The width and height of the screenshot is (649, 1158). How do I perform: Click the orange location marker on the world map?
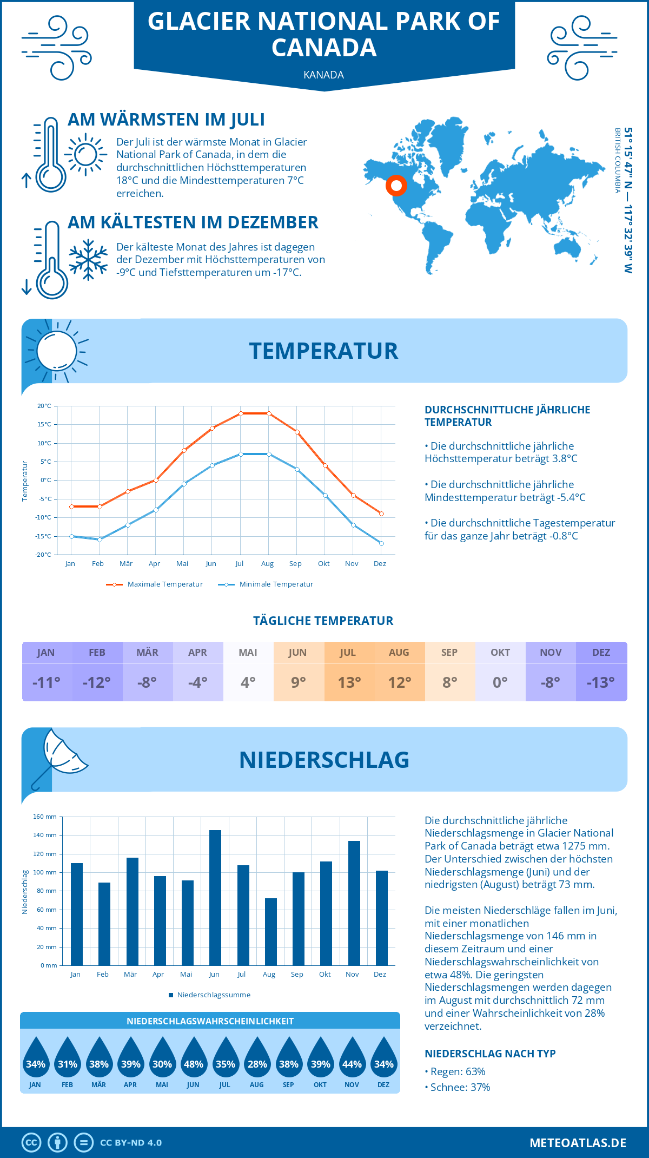click(x=396, y=186)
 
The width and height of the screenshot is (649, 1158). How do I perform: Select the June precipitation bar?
click(x=215, y=898)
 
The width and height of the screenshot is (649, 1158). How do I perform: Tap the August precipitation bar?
click(x=270, y=932)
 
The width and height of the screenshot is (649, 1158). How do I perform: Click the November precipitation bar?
click(x=354, y=904)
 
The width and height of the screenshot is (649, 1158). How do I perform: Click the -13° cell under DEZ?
click(x=601, y=682)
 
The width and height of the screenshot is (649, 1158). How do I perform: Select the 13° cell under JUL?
click(x=349, y=682)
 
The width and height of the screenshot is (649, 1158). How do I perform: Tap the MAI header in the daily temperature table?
click(x=248, y=653)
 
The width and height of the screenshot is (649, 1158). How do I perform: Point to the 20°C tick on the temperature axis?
click(x=44, y=406)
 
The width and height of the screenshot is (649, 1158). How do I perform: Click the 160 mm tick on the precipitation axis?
click(x=45, y=817)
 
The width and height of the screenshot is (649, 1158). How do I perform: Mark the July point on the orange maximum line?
click(x=241, y=413)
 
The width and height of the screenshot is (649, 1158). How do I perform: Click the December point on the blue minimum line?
click(x=381, y=543)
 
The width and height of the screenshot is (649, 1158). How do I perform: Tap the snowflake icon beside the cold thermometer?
click(x=88, y=259)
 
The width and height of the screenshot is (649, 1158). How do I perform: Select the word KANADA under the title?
click(x=323, y=75)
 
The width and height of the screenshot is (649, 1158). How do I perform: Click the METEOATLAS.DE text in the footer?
click(x=578, y=1143)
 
